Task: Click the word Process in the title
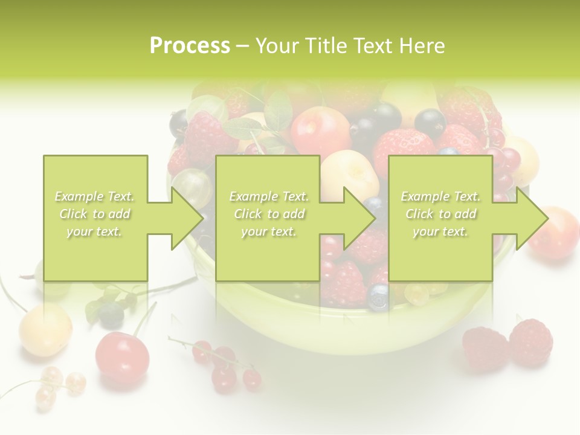tap(190, 46)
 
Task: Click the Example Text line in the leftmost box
tap(95, 196)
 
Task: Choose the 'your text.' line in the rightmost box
tap(440, 231)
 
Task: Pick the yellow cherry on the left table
tap(45, 329)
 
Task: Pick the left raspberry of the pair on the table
tap(486, 349)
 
